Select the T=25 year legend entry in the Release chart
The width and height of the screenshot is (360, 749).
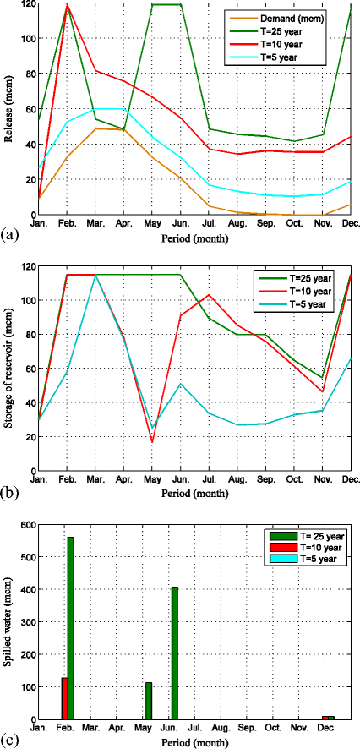[292, 30]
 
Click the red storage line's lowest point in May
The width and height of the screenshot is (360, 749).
[152, 442]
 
